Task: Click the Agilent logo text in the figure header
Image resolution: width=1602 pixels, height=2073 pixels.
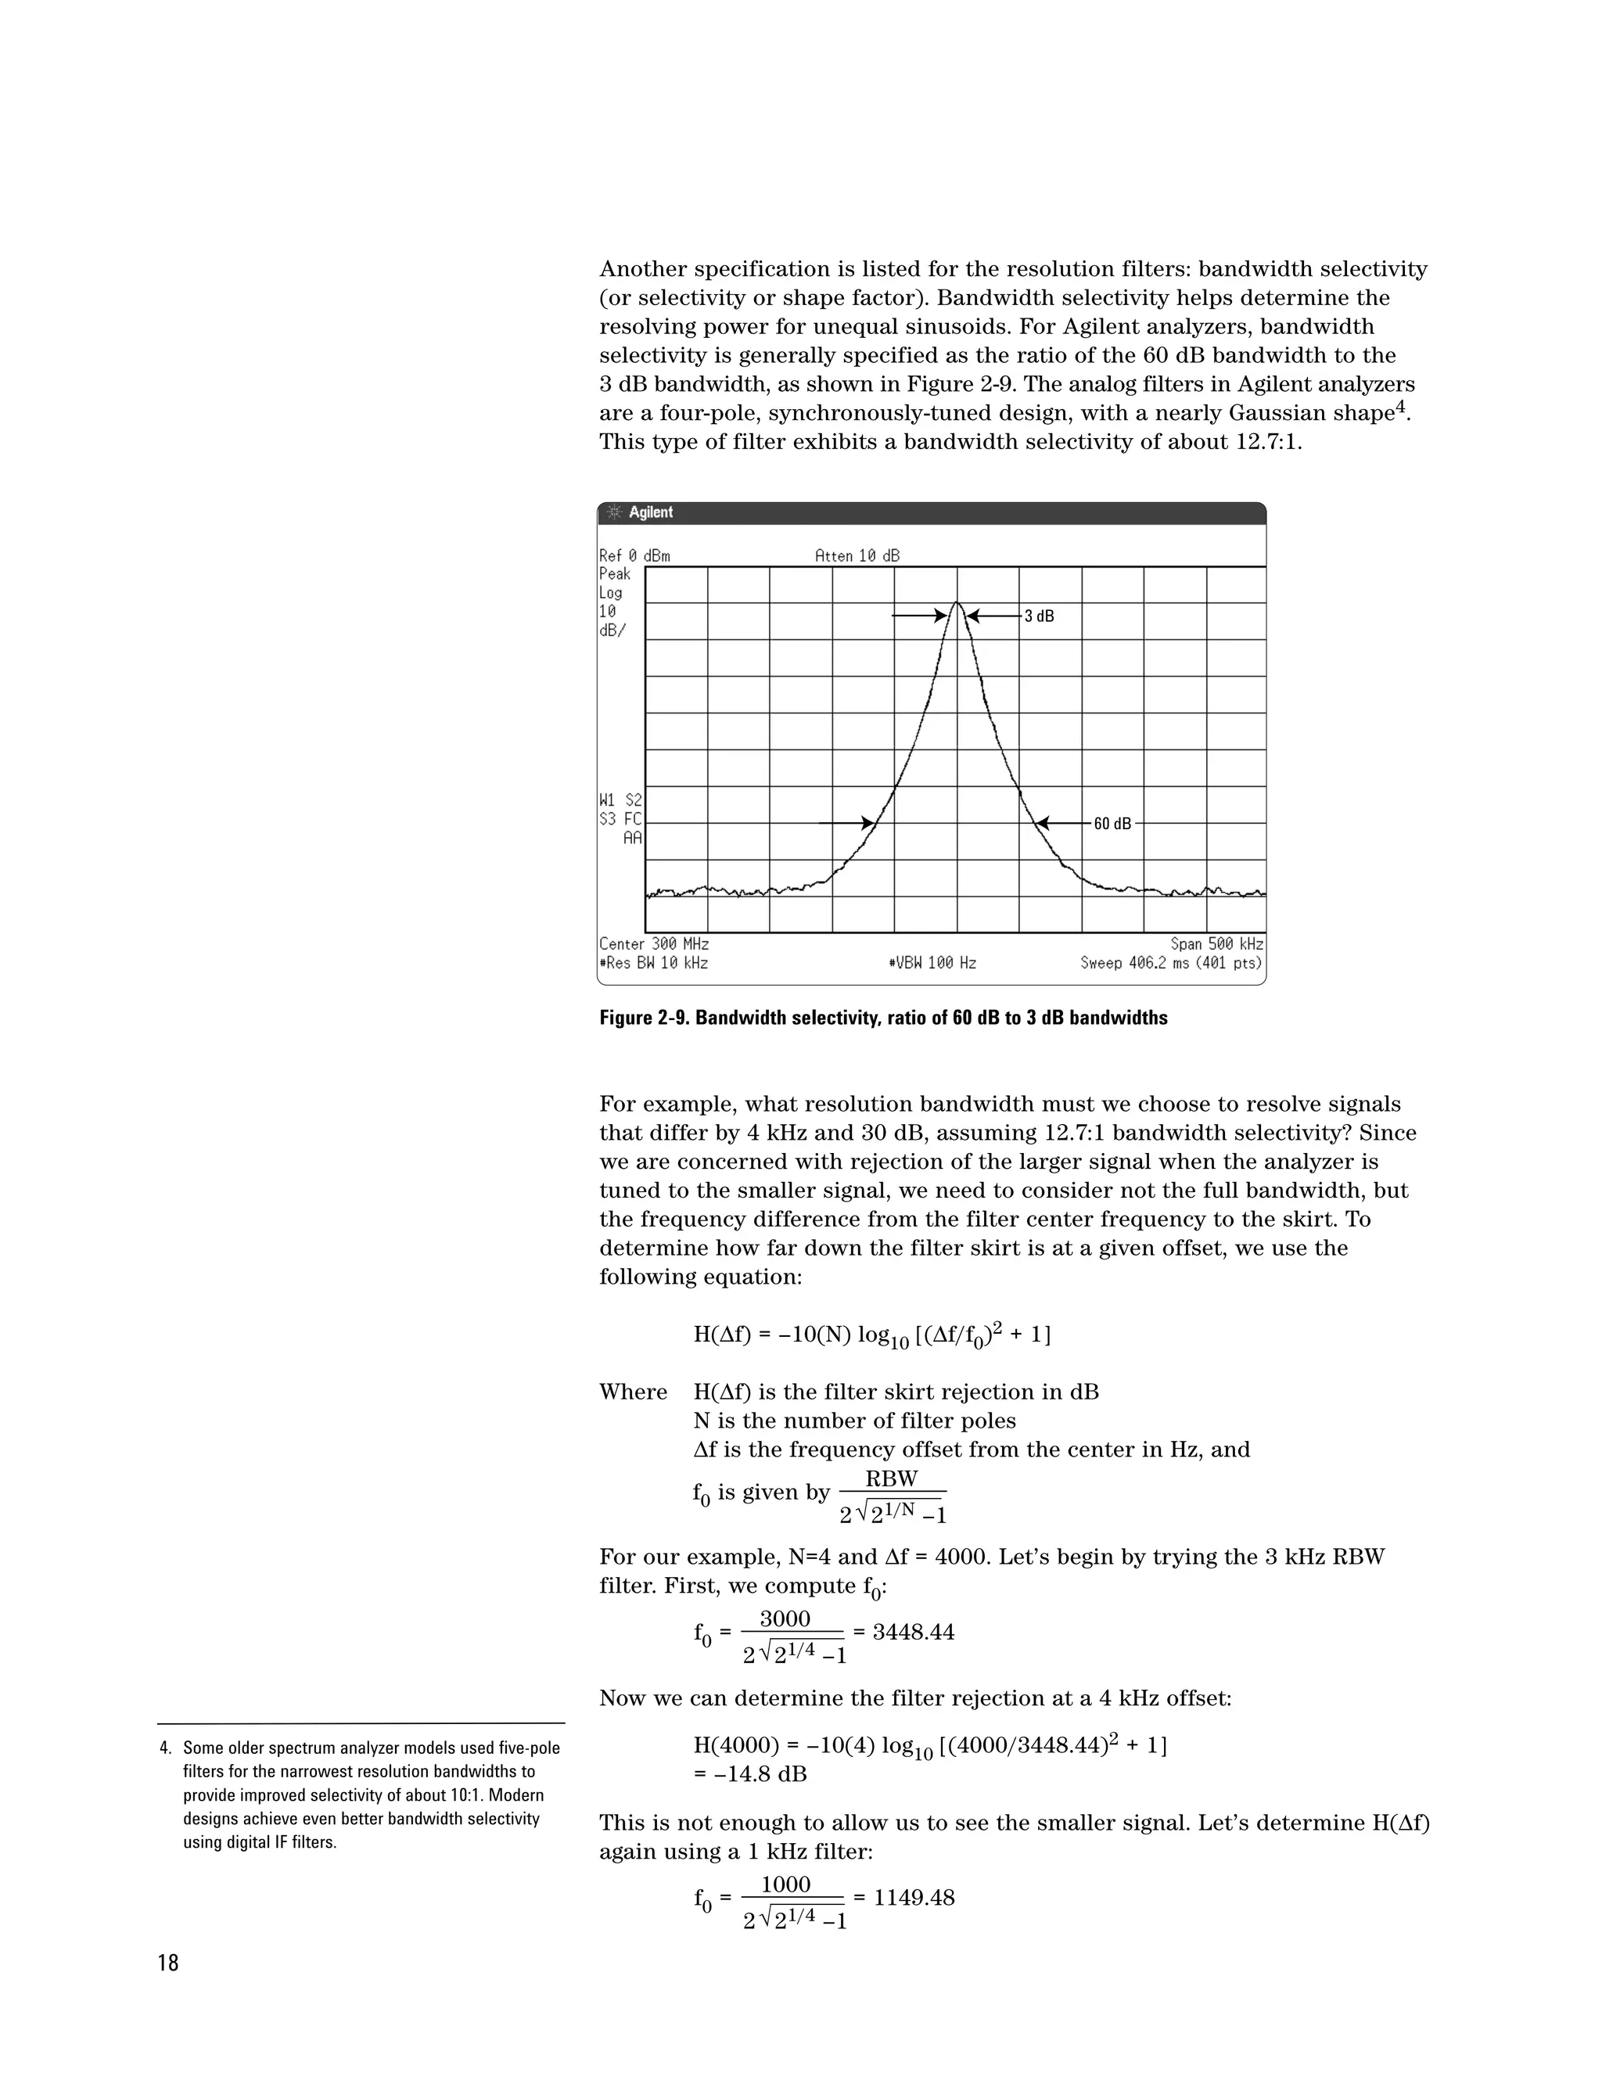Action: [650, 512]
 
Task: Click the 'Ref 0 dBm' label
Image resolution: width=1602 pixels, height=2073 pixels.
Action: [634, 555]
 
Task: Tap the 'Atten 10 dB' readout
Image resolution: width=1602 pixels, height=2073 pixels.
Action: [857, 555]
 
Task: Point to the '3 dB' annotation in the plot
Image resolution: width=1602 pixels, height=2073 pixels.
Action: [1040, 616]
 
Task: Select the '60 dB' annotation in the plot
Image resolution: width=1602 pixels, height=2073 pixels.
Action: [1112, 824]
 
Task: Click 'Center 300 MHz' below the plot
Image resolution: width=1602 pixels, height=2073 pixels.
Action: [654, 943]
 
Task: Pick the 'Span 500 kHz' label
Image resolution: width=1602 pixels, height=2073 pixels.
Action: [1216, 943]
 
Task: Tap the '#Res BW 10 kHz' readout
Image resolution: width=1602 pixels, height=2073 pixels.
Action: [654, 962]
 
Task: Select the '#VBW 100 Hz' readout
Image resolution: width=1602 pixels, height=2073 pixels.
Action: [932, 962]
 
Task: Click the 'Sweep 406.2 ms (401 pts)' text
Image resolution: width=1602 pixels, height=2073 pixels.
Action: [1171, 962]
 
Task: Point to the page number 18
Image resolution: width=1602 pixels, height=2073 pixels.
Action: [168, 1963]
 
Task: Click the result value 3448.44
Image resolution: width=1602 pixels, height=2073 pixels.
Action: [913, 1632]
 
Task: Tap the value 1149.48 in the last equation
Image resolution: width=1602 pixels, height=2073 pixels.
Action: [913, 1898]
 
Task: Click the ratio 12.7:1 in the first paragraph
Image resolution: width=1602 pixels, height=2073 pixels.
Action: [1266, 442]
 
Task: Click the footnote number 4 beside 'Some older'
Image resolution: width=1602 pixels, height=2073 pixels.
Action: [164, 1748]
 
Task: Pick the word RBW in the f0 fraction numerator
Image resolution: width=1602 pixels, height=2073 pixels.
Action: [891, 1478]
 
